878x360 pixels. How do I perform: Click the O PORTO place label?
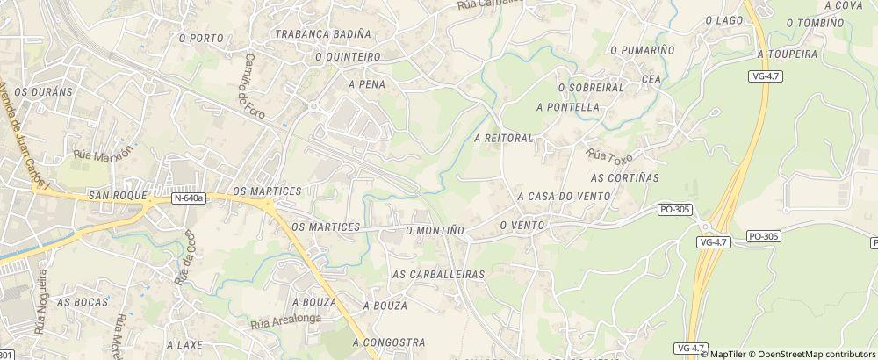coord(200,39)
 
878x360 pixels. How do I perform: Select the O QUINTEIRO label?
coord(348,57)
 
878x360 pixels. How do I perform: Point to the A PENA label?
coord(367,85)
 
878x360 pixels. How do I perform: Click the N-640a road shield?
coord(189,198)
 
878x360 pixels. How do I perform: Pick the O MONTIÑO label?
coord(435,229)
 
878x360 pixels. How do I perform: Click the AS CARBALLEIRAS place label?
coord(438,275)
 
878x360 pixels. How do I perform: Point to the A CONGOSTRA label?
coord(389,342)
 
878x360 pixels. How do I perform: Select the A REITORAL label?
coord(503,139)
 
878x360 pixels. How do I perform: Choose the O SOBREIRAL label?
coord(590,88)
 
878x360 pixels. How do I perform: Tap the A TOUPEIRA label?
coord(787,54)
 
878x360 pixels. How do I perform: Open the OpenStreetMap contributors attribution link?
coord(817,354)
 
